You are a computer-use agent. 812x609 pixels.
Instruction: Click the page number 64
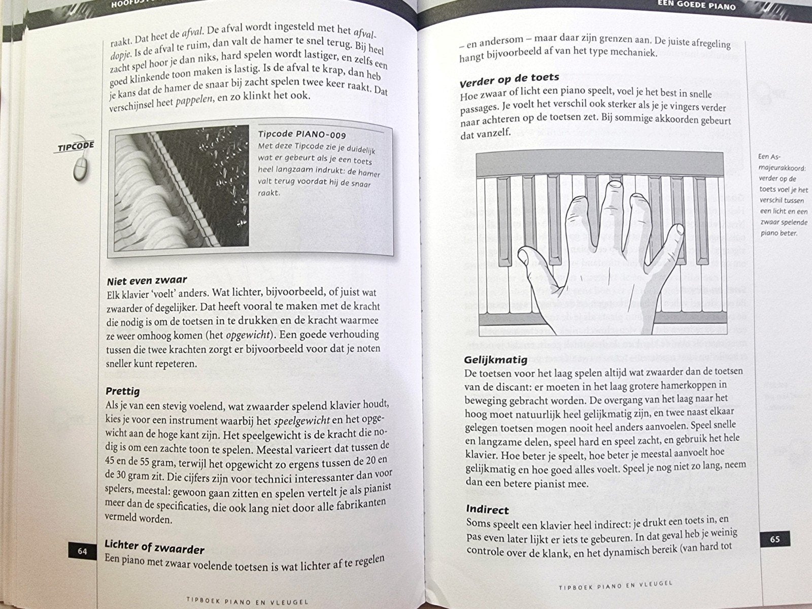pyautogui.click(x=83, y=551)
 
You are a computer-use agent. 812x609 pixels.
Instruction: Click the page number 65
pyautogui.click(x=775, y=539)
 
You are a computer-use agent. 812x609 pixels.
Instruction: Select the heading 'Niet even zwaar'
pyautogui.click(x=147, y=281)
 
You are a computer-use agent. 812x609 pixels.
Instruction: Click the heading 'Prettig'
pyautogui.click(x=123, y=391)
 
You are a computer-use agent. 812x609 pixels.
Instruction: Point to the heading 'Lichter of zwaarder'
pyautogui.click(x=154, y=547)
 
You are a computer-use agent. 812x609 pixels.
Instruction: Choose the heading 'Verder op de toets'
pyautogui.click(x=509, y=80)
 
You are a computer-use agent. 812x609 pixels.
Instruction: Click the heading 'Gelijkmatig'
pyautogui.click(x=496, y=360)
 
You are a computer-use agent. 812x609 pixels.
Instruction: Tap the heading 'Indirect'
pyautogui.click(x=487, y=510)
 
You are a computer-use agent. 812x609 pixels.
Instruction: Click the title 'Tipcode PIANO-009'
pyautogui.click(x=302, y=134)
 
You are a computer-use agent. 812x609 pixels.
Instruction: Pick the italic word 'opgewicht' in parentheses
pyautogui.click(x=248, y=335)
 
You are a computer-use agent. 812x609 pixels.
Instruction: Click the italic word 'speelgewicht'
pyautogui.click(x=301, y=421)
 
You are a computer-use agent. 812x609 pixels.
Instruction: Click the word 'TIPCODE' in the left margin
pyautogui.click(x=76, y=147)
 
